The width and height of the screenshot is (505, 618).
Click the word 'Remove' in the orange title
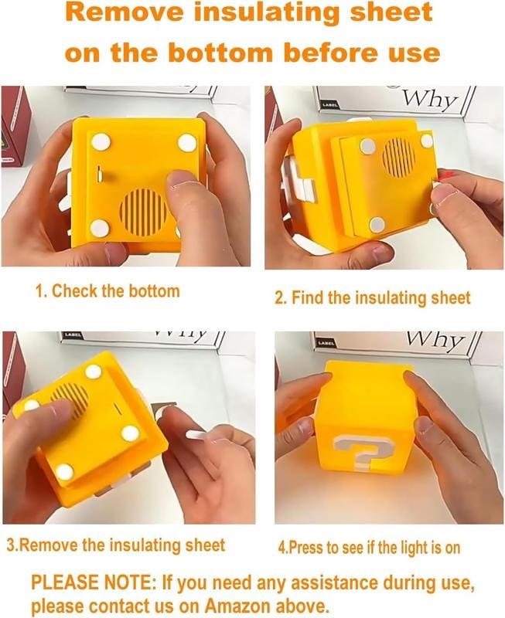click(125, 12)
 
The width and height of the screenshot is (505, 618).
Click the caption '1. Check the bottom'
click(107, 291)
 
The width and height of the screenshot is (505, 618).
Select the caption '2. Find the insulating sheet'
click(373, 297)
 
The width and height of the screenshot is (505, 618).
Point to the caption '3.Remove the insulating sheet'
click(116, 545)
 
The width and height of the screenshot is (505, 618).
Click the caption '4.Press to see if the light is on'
click(370, 548)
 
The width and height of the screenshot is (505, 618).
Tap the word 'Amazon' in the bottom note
click(238, 604)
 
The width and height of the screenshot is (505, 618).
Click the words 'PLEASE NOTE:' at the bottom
click(91, 582)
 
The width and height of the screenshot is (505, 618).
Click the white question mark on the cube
click(362, 452)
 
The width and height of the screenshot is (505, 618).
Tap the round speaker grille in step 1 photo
click(145, 212)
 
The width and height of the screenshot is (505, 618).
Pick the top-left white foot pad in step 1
click(101, 141)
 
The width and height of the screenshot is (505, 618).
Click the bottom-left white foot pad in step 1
click(100, 228)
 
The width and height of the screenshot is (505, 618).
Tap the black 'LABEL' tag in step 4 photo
click(328, 343)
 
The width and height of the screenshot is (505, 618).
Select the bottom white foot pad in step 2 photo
click(377, 225)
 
